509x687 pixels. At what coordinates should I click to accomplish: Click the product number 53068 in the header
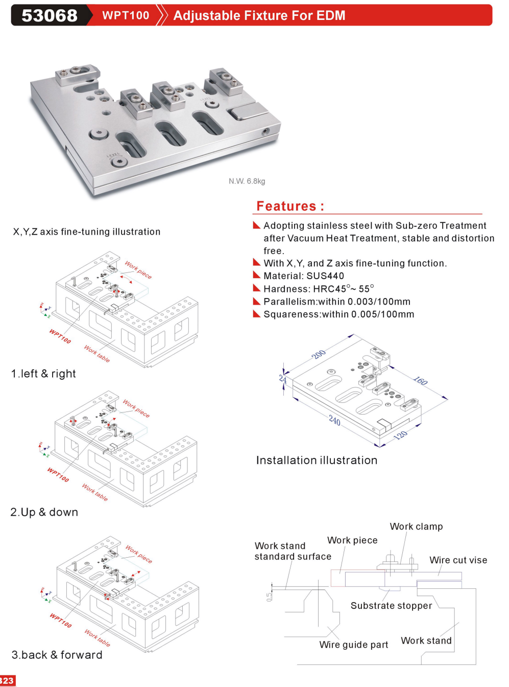pos(50,15)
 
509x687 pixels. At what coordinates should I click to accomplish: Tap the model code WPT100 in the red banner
pos(126,15)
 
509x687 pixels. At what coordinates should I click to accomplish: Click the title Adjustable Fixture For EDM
pos(259,15)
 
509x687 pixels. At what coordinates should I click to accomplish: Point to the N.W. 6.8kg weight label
pos(247,181)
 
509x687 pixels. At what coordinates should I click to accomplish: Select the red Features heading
pos(290,206)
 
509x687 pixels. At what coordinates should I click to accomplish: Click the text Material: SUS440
pos(304,276)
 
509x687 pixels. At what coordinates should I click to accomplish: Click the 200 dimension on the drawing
pos(319,354)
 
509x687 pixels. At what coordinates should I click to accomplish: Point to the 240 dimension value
pos(334,420)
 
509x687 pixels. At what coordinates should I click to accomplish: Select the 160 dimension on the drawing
pos(420,381)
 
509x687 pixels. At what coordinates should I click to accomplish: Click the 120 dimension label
pos(401,435)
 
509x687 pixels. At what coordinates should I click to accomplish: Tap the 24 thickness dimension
pos(283,379)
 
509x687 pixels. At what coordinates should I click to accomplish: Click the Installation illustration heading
pos(317,460)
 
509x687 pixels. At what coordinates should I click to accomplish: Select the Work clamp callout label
pos(416,526)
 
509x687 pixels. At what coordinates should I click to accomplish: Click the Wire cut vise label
pos(458,560)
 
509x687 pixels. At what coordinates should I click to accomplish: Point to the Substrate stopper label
pos(391,606)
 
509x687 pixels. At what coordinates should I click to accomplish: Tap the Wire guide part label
pos(353,645)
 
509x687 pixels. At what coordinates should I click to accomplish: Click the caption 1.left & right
pos(43,374)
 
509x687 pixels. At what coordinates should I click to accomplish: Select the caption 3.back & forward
pos(57,655)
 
